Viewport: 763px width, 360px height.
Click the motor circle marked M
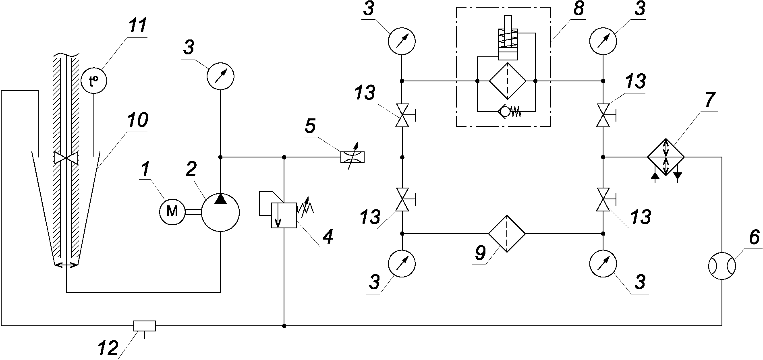tap(172, 211)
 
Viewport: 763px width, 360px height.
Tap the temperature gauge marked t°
tap(94, 81)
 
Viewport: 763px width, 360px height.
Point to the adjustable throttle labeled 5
tap(352, 157)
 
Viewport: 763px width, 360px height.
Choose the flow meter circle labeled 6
tap(722, 267)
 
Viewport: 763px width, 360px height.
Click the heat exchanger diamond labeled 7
tap(666, 157)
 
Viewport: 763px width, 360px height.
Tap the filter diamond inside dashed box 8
tap(508, 81)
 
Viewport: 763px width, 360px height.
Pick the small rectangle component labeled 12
tap(144, 325)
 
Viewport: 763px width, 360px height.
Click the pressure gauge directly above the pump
tap(220, 76)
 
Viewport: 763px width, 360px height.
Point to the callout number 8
tap(579, 8)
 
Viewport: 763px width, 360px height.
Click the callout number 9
tap(481, 253)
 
